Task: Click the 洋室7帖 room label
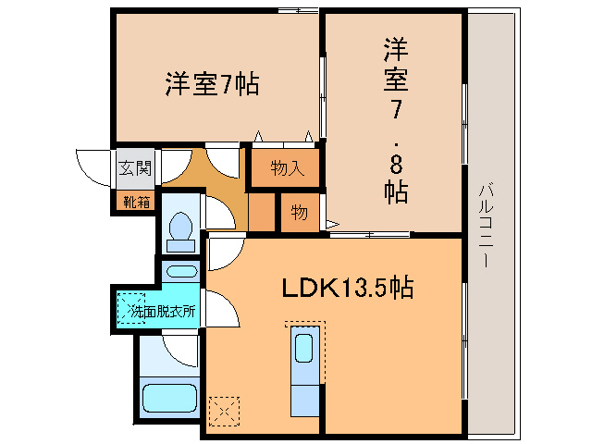click(212, 84)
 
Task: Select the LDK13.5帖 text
click(347, 288)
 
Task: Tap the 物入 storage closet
click(286, 167)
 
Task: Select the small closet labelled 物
click(300, 212)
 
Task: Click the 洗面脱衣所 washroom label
click(163, 312)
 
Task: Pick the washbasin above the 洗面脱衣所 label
click(181, 272)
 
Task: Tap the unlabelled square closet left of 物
click(262, 211)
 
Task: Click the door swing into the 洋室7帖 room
click(222, 162)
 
